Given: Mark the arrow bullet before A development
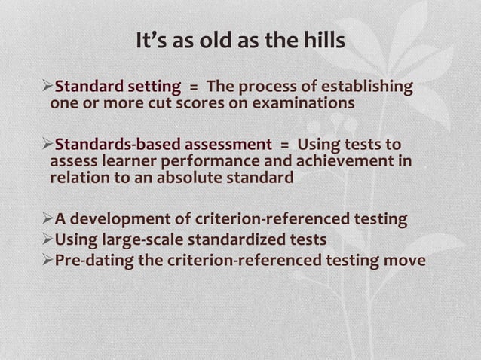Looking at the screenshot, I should point(47,220).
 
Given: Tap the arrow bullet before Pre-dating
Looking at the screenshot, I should point(47,261).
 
